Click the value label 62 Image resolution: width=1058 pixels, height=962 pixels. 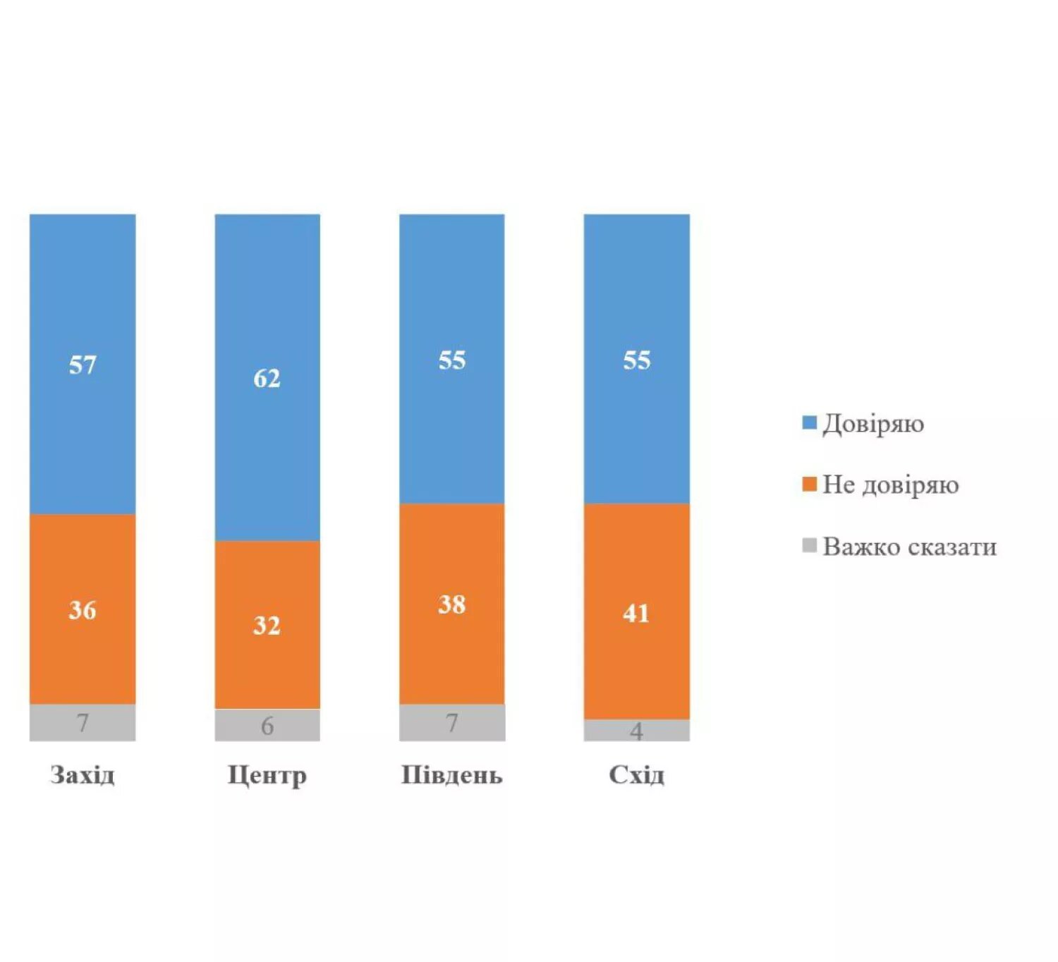(x=267, y=379)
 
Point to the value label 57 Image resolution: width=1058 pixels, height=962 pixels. (x=83, y=365)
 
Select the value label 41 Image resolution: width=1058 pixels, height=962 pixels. (x=636, y=613)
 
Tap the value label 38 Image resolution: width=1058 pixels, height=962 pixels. (x=452, y=604)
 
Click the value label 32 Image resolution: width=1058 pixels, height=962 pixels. (x=267, y=625)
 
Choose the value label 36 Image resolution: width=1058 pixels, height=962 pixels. (x=83, y=610)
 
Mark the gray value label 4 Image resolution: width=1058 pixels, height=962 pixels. (x=636, y=731)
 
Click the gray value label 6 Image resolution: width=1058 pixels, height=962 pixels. (x=267, y=726)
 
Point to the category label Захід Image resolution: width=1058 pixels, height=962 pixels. (x=83, y=775)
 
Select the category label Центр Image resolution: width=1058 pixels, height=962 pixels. (x=267, y=775)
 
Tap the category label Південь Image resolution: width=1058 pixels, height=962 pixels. (x=452, y=775)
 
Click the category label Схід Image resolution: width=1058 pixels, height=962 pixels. (x=636, y=775)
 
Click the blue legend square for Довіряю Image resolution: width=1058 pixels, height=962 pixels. (x=810, y=422)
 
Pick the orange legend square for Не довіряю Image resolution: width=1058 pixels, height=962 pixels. (x=810, y=484)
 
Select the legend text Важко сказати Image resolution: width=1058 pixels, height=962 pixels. (x=910, y=547)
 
